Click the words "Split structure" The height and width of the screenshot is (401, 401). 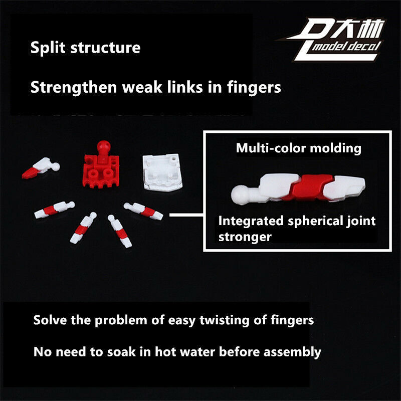85,48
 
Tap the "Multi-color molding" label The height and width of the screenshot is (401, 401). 298,148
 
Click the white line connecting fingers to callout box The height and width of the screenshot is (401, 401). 185,215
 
